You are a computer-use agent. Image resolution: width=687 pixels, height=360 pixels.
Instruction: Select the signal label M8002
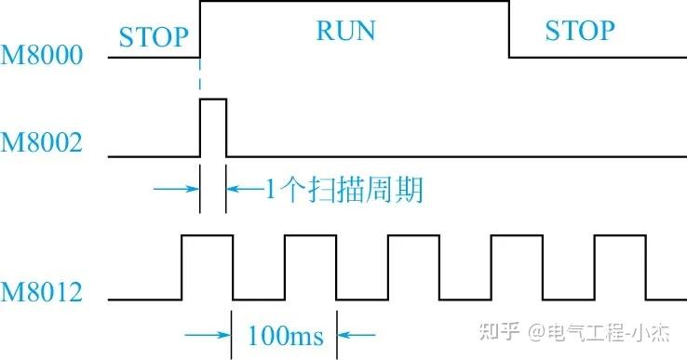(42, 143)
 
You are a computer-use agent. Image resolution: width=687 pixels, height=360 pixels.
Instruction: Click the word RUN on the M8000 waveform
(345, 30)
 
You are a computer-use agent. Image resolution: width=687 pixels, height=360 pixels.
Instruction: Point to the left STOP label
(154, 38)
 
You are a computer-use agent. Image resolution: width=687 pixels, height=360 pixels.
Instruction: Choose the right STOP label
(579, 30)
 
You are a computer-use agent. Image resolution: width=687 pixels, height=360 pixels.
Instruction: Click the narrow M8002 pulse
(212, 127)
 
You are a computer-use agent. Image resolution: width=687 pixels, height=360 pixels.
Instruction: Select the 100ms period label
(285, 334)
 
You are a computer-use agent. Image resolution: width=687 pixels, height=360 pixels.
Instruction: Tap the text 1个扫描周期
(344, 192)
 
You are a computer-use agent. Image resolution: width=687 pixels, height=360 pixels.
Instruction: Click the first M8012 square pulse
(207, 267)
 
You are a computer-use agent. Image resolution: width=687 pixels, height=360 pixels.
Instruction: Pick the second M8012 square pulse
(310, 267)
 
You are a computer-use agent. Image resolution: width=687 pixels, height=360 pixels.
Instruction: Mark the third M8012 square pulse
(413, 267)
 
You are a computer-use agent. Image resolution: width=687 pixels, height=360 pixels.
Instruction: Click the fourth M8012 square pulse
(517, 267)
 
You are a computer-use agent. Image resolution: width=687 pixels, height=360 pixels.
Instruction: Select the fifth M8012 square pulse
(619, 267)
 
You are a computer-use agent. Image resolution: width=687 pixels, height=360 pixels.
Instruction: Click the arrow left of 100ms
(208, 334)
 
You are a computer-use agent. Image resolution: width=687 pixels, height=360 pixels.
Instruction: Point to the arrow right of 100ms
(359, 334)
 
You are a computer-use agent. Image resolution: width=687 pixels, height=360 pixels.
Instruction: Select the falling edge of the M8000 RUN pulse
(509, 29)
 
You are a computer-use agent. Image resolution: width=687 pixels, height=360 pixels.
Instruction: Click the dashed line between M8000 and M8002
(200, 78)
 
